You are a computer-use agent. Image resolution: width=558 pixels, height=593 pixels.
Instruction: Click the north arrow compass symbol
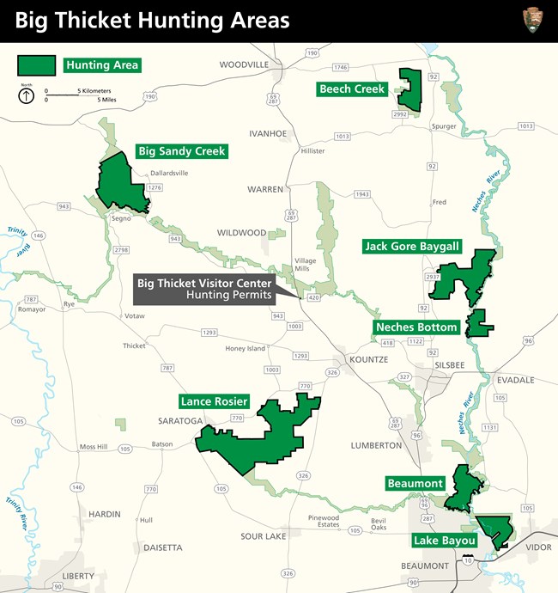[27, 95]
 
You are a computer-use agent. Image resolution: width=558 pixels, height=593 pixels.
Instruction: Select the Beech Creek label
[351, 89]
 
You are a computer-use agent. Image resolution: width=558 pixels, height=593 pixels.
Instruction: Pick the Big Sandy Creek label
[182, 151]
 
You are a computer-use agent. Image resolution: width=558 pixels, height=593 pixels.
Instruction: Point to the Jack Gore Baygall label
[412, 247]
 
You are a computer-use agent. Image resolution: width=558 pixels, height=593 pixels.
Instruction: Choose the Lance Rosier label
[215, 401]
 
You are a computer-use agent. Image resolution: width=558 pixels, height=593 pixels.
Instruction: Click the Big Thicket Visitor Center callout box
[205, 289]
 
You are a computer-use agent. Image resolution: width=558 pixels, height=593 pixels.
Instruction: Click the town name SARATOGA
[179, 421]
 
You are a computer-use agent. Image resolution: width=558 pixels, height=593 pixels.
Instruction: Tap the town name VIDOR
[537, 547]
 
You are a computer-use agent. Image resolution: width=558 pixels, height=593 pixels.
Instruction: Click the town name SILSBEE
[446, 364]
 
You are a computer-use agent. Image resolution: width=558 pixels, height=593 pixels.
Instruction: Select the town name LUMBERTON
[376, 445]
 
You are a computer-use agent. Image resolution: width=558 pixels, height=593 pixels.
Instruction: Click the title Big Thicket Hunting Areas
[153, 20]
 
